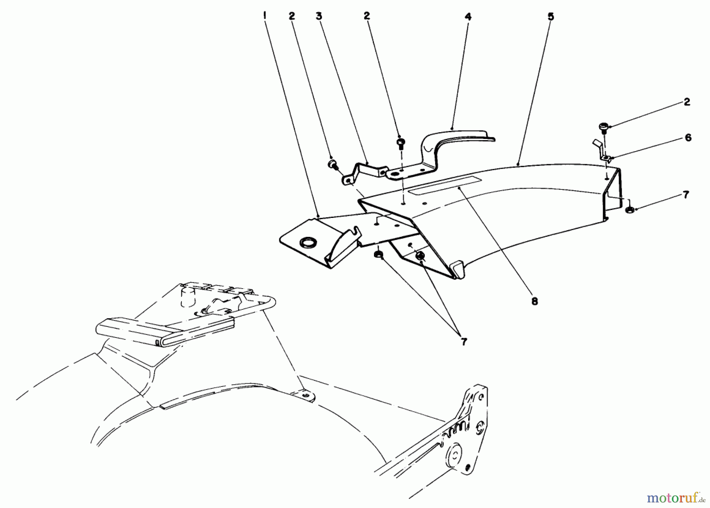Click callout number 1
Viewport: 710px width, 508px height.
click(x=265, y=16)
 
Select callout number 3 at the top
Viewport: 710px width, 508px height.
click(x=319, y=16)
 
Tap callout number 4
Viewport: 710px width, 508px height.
click(x=468, y=17)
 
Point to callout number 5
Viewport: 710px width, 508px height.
click(x=551, y=17)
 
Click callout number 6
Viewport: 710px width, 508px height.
click(x=688, y=137)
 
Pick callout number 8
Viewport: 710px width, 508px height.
click(x=534, y=301)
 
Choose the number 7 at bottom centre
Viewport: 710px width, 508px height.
click(x=464, y=342)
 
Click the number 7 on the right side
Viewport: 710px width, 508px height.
click(x=686, y=195)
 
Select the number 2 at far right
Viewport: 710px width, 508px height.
click(x=687, y=102)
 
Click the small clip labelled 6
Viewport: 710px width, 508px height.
click(x=603, y=157)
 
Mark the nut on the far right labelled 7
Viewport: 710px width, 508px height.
click(x=629, y=210)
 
